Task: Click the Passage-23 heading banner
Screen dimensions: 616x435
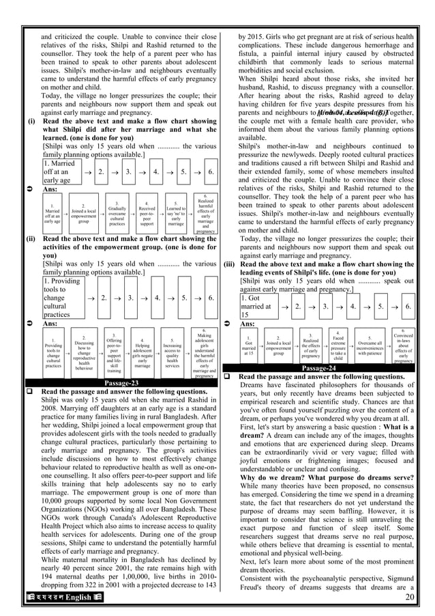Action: [119, 383]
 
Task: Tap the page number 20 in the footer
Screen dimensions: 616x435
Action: [408, 598]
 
